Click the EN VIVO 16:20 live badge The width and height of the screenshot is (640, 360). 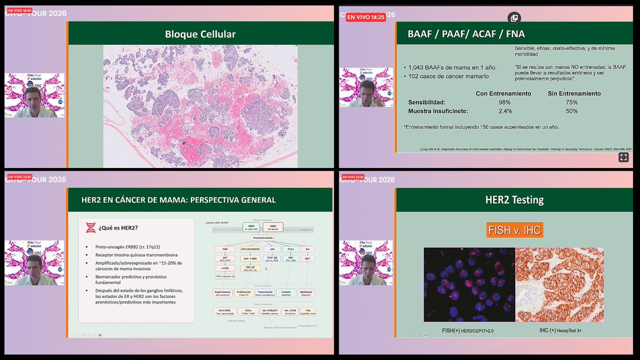click(19, 10)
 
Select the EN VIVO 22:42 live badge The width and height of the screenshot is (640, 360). click(19, 177)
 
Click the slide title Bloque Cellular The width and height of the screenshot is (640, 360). click(200, 35)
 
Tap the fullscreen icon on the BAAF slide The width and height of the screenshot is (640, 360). click(622, 157)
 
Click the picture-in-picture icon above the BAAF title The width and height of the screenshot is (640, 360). click(514, 18)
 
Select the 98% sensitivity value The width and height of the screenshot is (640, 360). click(504, 102)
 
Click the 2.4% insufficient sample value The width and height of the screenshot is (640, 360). click(505, 111)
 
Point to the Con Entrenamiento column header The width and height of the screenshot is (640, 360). click(503, 93)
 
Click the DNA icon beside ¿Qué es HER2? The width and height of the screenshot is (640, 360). click(91, 228)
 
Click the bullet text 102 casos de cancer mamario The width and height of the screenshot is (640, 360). click(448, 76)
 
